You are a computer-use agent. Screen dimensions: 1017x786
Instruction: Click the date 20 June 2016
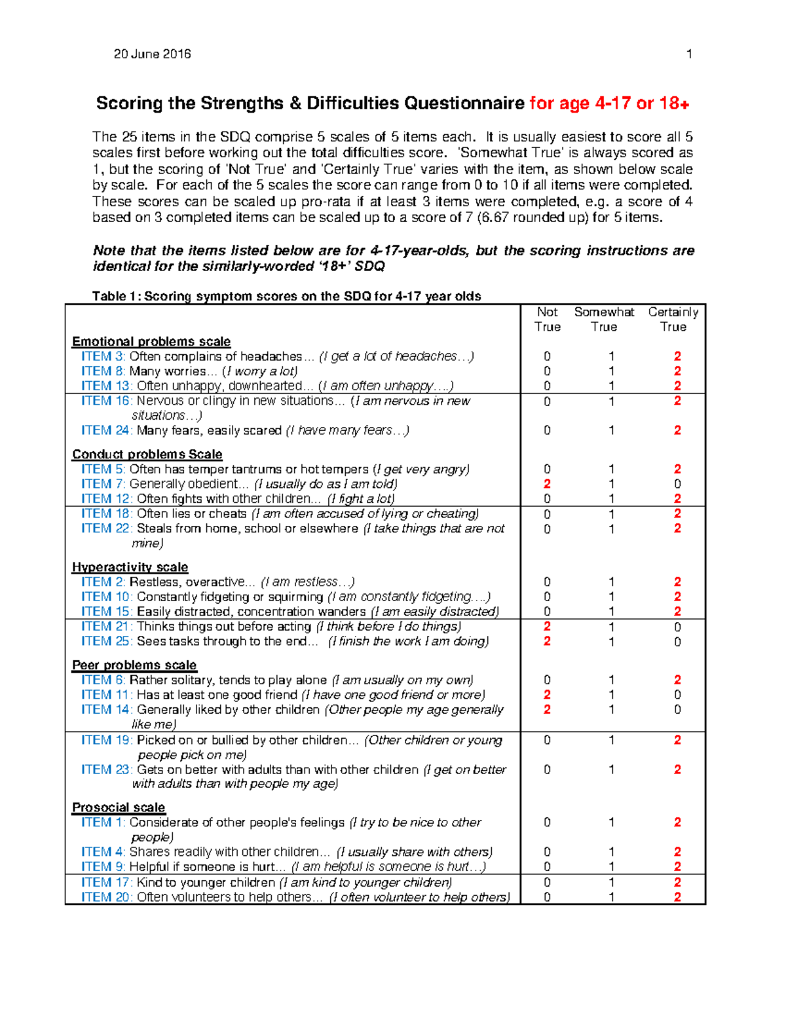pos(152,54)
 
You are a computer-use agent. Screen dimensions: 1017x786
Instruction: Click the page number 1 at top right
pos(689,54)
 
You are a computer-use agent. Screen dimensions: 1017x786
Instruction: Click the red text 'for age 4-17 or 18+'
pos(609,103)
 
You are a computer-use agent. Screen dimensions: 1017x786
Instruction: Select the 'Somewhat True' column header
pos(604,320)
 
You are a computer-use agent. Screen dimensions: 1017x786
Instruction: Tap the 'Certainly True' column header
pos(673,320)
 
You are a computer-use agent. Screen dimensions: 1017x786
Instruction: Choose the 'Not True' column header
pos(547,320)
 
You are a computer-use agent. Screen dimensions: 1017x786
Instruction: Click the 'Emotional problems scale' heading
pos(151,342)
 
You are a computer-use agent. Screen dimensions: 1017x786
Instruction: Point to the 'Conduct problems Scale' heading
pos(147,454)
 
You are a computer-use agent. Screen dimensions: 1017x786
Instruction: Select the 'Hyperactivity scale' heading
pos(130,567)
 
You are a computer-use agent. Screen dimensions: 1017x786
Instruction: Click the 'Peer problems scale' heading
pos(134,665)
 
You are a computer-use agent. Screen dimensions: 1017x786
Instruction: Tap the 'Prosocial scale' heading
pos(119,807)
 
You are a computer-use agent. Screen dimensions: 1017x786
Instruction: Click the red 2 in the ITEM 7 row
pos(547,484)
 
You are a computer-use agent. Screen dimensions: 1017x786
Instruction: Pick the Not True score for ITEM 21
pos(547,627)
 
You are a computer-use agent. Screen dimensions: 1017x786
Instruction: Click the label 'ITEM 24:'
pos(107,430)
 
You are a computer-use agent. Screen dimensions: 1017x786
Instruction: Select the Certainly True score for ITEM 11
pos(677,695)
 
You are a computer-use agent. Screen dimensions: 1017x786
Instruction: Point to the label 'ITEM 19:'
pos(107,740)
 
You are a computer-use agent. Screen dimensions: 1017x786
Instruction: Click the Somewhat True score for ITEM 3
pos(611,356)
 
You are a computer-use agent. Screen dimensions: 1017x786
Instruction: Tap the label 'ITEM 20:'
pos(107,897)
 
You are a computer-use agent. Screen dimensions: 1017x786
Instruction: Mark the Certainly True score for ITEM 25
pos(677,642)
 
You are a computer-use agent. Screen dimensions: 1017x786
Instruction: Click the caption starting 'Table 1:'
pos(286,296)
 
